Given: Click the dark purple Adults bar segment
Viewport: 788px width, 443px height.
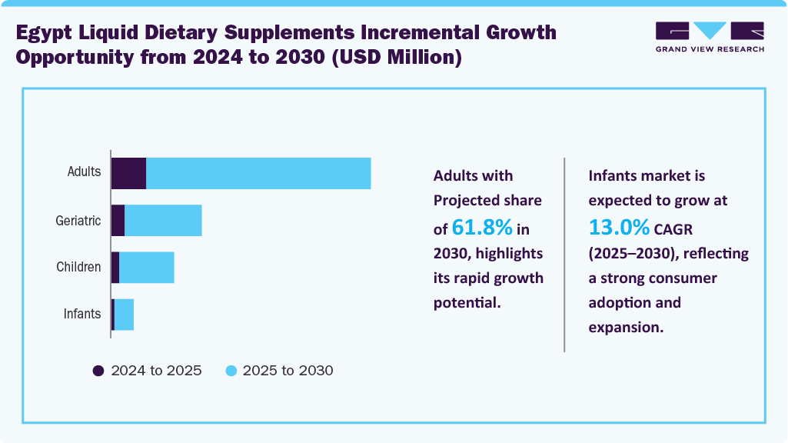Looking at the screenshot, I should (x=128, y=173).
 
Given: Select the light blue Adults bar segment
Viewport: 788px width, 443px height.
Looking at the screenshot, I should (x=258, y=173).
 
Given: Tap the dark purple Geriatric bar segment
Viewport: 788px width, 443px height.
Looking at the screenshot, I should (x=118, y=221).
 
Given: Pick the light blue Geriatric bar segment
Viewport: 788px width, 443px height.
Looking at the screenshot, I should (x=163, y=221).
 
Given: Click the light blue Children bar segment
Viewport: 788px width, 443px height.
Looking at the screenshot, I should (x=147, y=268).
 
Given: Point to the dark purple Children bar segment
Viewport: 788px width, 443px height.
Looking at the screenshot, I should (x=115, y=268).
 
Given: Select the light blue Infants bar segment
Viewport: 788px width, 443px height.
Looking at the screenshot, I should (x=124, y=315).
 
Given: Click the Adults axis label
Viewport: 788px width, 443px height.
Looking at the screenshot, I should (x=84, y=172).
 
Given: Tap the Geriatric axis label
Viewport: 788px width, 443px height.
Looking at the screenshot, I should (x=78, y=221).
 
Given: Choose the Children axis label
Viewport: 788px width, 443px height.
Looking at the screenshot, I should (x=78, y=268).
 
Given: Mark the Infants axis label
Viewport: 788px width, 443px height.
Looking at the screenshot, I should (x=82, y=315).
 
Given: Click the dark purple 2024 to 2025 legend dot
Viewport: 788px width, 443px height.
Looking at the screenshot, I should (x=98, y=371).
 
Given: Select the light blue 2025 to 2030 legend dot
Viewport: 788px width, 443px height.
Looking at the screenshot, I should (x=230, y=371).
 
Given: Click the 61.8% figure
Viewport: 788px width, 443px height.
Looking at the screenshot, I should (x=482, y=228).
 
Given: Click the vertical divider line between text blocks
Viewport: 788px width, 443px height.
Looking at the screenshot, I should (x=565, y=255).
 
